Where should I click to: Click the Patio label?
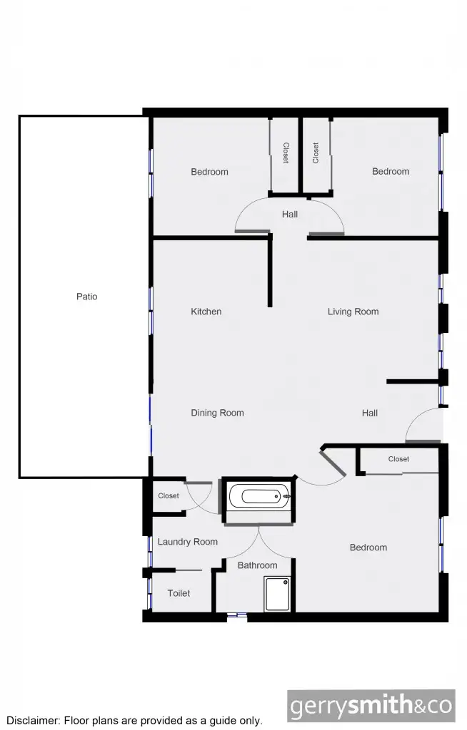tap(86, 297)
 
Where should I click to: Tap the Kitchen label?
tap(206, 312)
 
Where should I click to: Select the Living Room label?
tap(353, 312)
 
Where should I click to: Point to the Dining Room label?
tap(217, 413)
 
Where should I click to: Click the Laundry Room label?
tap(187, 542)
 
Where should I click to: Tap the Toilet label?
tap(179, 593)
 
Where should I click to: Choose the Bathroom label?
tap(257, 565)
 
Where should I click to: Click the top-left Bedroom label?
tap(209, 172)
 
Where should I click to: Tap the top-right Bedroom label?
tap(391, 171)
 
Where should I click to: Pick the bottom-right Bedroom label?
tap(368, 547)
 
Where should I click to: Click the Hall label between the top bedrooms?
tap(289, 214)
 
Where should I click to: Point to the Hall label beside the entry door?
tap(369, 413)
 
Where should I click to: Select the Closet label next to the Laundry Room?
tap(169, 496)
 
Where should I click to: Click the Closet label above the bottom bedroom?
tap(398, 459)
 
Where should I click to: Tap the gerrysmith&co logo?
tap(371, 706)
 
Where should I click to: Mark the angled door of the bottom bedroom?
tap(334, 463)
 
